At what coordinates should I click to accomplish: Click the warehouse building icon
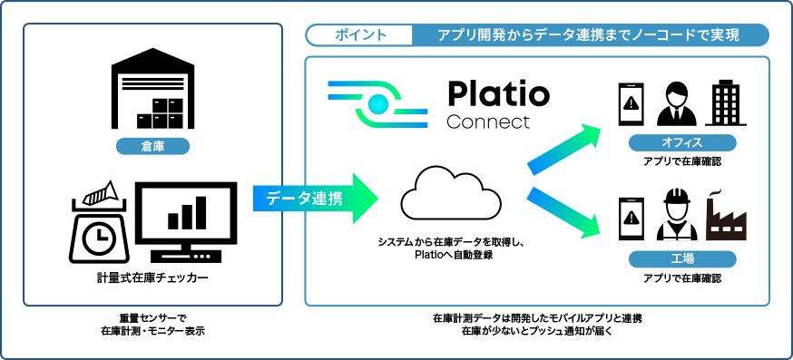(x=152, y=92)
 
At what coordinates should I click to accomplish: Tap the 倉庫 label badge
(x=152, y=146)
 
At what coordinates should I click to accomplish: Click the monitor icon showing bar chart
(x=187, y=218)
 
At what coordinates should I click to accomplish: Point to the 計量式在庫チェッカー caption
(x=152, y=277)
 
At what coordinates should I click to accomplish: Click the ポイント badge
(x=360, y=35)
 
